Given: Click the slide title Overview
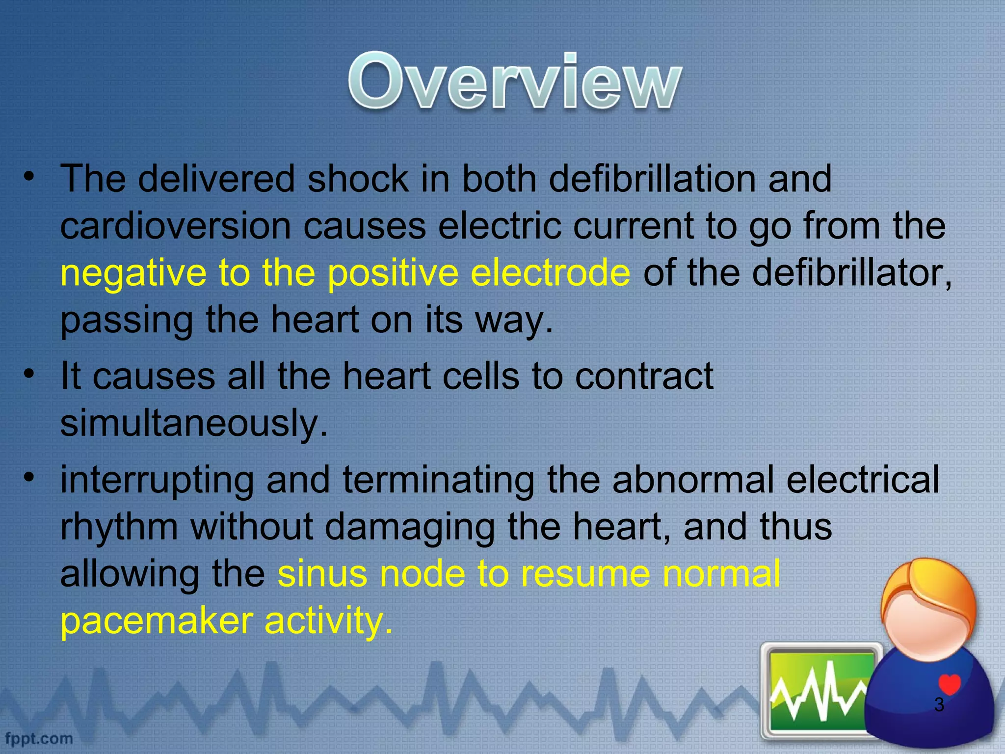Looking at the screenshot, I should [515, 81].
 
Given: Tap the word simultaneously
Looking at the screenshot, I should [193, 423].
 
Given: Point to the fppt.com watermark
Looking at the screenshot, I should [39, 738].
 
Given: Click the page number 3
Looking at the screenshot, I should [939, 705].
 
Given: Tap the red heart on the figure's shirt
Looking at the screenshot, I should [949, 684].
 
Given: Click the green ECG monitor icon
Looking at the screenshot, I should [820, 692].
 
